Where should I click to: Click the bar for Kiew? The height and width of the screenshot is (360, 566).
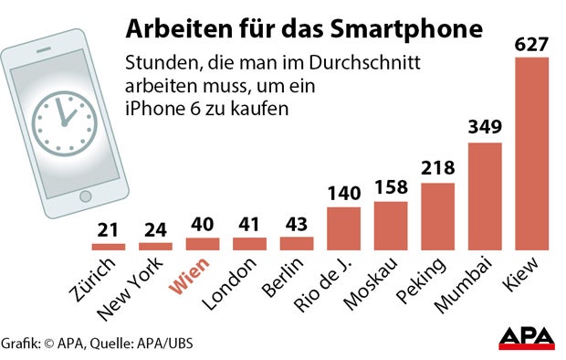coord(533,153)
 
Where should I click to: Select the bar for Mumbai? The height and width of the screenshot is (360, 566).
coord(486,196)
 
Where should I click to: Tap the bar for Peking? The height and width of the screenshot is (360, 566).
coord(438,217)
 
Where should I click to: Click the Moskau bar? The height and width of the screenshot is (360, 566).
coord(391,226)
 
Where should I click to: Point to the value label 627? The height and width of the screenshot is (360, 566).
coord(533,43)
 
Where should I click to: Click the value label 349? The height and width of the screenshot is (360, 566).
coord(486,129)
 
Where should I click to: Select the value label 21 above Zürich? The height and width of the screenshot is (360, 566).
coord(108,230)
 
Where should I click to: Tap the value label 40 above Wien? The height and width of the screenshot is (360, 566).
coord(203,225)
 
